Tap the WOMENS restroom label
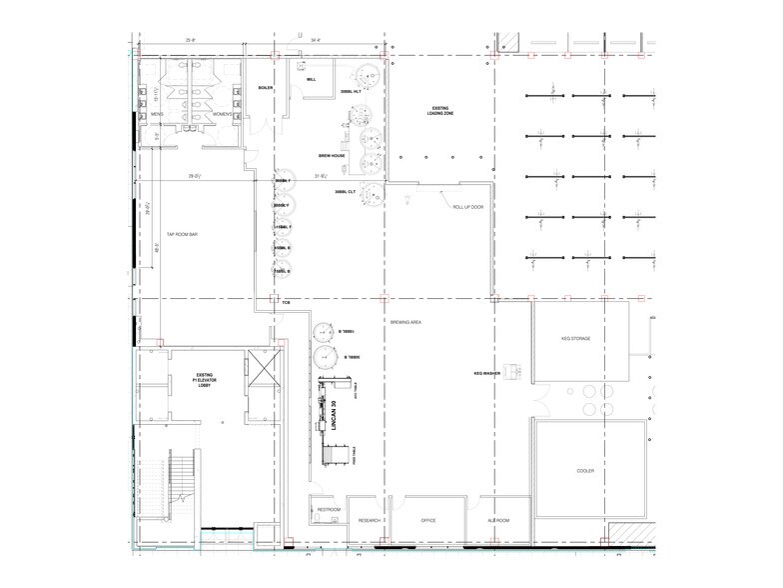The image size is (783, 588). [x=222, y=114]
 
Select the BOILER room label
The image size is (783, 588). [x=265, y=87]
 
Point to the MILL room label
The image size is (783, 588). [x=311, y=78]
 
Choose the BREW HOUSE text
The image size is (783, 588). [x=332, y=157]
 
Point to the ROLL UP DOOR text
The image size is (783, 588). [x=468, y=207]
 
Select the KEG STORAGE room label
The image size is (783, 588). [x=576, y=339]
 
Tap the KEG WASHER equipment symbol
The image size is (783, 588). [x=512, y=371]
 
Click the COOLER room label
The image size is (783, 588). [x=585, y=470]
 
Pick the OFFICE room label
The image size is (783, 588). [x=429, y=520]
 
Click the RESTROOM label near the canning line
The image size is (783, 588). [x=329, y=510]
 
